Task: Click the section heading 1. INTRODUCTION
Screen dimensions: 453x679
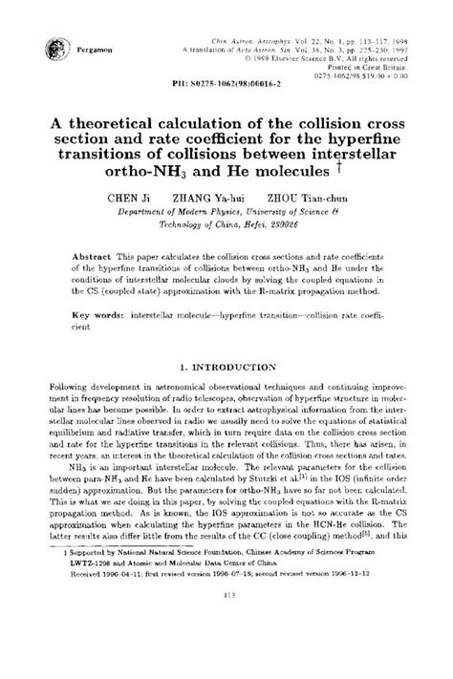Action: click(x=226, y=367)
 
